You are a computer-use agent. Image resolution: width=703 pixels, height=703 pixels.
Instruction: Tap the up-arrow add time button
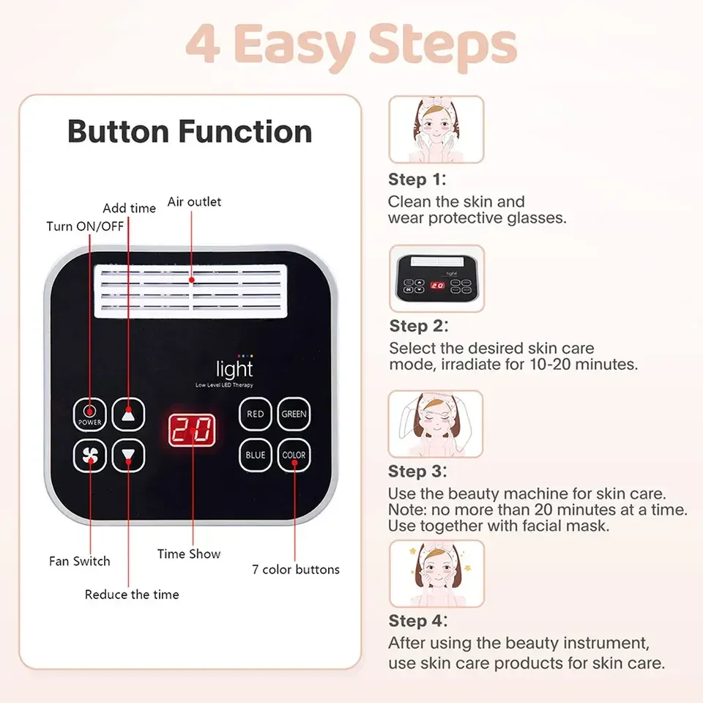pos(129,414)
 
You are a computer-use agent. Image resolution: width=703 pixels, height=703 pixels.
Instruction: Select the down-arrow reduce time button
pos(129,455)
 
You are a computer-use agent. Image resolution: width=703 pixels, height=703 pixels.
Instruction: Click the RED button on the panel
pos(255,414)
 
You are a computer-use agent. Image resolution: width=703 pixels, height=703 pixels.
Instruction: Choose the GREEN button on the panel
pos(294,414)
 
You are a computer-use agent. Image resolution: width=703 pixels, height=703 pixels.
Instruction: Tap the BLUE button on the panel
pos(255,455)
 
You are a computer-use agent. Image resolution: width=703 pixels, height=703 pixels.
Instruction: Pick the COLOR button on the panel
pos(294,455)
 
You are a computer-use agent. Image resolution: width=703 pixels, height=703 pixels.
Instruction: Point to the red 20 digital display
pos(192,431)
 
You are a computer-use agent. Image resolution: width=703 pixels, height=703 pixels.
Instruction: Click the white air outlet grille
pos(192,291)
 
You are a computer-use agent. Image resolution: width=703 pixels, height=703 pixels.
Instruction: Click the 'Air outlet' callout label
pos(194,201)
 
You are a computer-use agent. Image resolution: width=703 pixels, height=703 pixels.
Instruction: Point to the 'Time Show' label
pos(189,554)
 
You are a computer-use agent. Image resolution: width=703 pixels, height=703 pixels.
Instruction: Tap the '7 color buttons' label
pos(296,569)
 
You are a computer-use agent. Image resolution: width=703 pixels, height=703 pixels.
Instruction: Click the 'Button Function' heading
pos(190,132)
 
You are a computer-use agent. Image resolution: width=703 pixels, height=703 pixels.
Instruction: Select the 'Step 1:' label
pos(417,179)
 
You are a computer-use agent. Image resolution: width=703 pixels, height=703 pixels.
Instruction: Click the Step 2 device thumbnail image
pos(436,278)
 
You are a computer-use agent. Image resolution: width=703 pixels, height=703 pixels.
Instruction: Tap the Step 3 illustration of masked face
pos(436,425)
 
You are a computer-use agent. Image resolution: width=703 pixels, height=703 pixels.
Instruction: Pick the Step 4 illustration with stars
pos(436,573)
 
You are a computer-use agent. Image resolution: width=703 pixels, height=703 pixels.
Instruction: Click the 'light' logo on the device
pos(234,369)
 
